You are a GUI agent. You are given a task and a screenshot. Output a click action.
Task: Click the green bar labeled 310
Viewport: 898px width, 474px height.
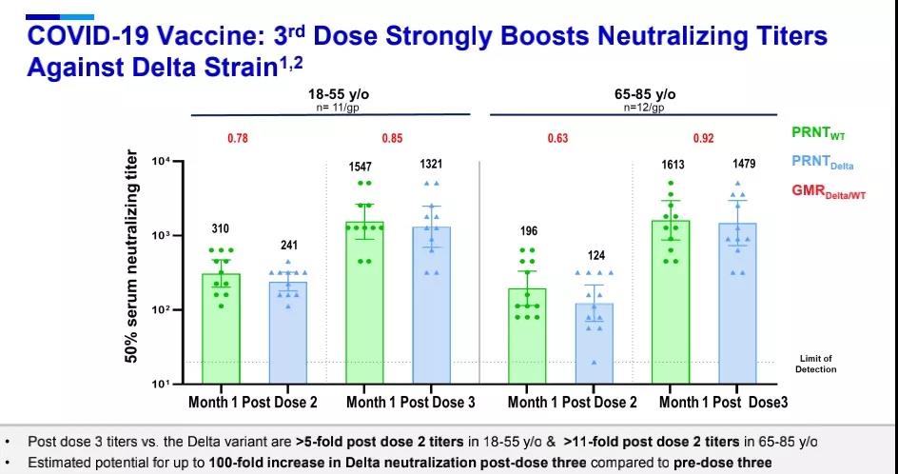tap(221, 328)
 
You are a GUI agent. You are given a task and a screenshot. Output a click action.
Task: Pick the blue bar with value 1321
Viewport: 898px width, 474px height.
tap(432, 306)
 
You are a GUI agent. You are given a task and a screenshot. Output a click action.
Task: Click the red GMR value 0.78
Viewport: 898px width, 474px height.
tap(238, 139)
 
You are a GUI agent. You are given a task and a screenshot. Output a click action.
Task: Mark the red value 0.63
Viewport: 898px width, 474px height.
tap(557, 139)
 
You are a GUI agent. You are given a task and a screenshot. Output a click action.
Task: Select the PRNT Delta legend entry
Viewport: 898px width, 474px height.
tap(824, 163)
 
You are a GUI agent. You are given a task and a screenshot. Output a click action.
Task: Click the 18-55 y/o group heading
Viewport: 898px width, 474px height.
tap(332, 95)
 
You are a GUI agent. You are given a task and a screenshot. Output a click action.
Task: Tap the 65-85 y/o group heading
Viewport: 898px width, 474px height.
tap(651, 95)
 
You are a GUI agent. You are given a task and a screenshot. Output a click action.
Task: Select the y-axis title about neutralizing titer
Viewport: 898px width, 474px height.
tap(134, 257)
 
